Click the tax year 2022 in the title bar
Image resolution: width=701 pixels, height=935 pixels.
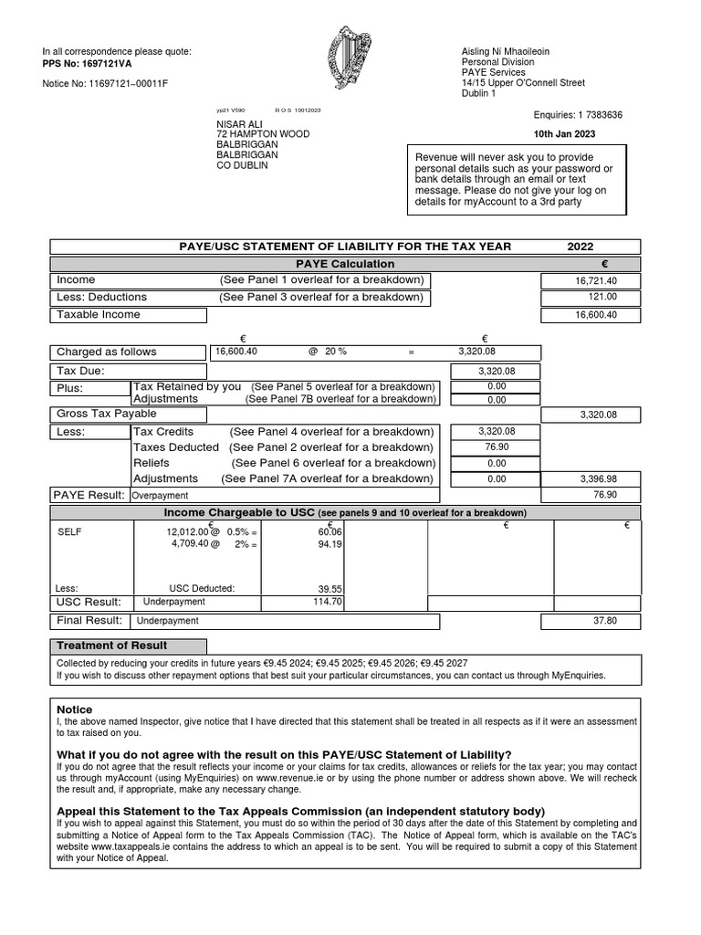tap(580, 247)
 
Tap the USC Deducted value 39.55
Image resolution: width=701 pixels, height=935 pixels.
tap(329, 589)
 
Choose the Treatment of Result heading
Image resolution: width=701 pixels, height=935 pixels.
tap(112, 646)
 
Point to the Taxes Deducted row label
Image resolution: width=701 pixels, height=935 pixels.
tap(176, 447)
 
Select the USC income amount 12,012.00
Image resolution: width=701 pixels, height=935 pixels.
tap(186, 531)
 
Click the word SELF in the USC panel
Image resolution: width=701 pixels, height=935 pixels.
tap(69, 531)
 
